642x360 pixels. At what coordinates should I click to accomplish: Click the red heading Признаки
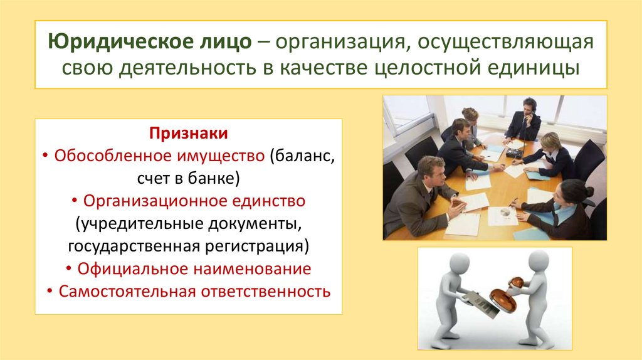(188, 134)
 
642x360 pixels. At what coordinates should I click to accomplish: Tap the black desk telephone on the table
(515, 152)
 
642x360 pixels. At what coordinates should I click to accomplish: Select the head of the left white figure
(460, 265)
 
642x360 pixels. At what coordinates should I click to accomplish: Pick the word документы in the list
(255, 224)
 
